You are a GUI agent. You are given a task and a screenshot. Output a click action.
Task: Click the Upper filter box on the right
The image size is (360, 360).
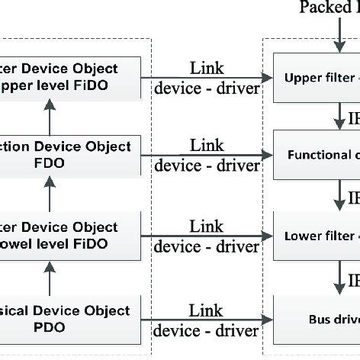click(x=317, y=77)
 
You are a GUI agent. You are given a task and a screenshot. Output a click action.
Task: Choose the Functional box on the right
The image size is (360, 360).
click(x=317, y=155)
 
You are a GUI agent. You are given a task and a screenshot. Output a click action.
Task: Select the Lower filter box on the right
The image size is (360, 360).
click(x=317, y=236)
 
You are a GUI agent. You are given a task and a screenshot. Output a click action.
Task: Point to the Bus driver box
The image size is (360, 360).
click(x=317, y=317)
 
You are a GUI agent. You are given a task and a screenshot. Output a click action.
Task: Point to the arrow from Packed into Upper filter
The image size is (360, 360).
click(x=336, y=34)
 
